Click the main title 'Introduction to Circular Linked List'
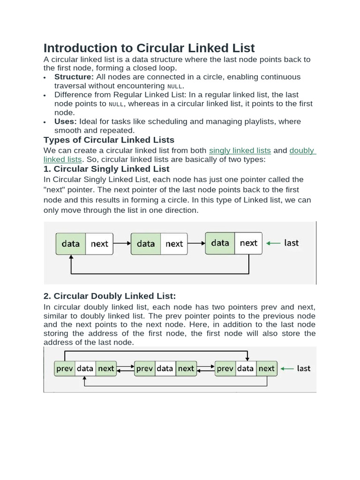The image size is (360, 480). point(149,48)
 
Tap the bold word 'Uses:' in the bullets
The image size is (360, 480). point(66,121)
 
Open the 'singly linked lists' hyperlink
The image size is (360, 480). point(240,150)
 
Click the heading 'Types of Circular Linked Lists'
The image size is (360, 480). point(109,140)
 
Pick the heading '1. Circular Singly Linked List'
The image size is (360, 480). point(106,169)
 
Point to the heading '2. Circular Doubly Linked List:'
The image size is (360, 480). point(110,296)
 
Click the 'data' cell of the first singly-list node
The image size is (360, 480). point(71,243)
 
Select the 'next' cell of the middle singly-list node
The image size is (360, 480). point(174,243)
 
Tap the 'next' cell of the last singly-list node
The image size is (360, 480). point(248,243)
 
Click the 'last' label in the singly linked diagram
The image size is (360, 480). point(291,243)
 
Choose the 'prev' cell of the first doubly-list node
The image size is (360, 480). point(65,368)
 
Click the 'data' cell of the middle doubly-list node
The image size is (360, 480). point(165,368)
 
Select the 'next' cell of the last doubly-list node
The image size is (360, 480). point(267,368)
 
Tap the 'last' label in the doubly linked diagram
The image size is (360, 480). point(304,368)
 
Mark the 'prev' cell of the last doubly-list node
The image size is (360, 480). point(225,368)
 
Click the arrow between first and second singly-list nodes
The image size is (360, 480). point(122,243)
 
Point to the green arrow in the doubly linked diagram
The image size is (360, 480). point(286,368)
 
